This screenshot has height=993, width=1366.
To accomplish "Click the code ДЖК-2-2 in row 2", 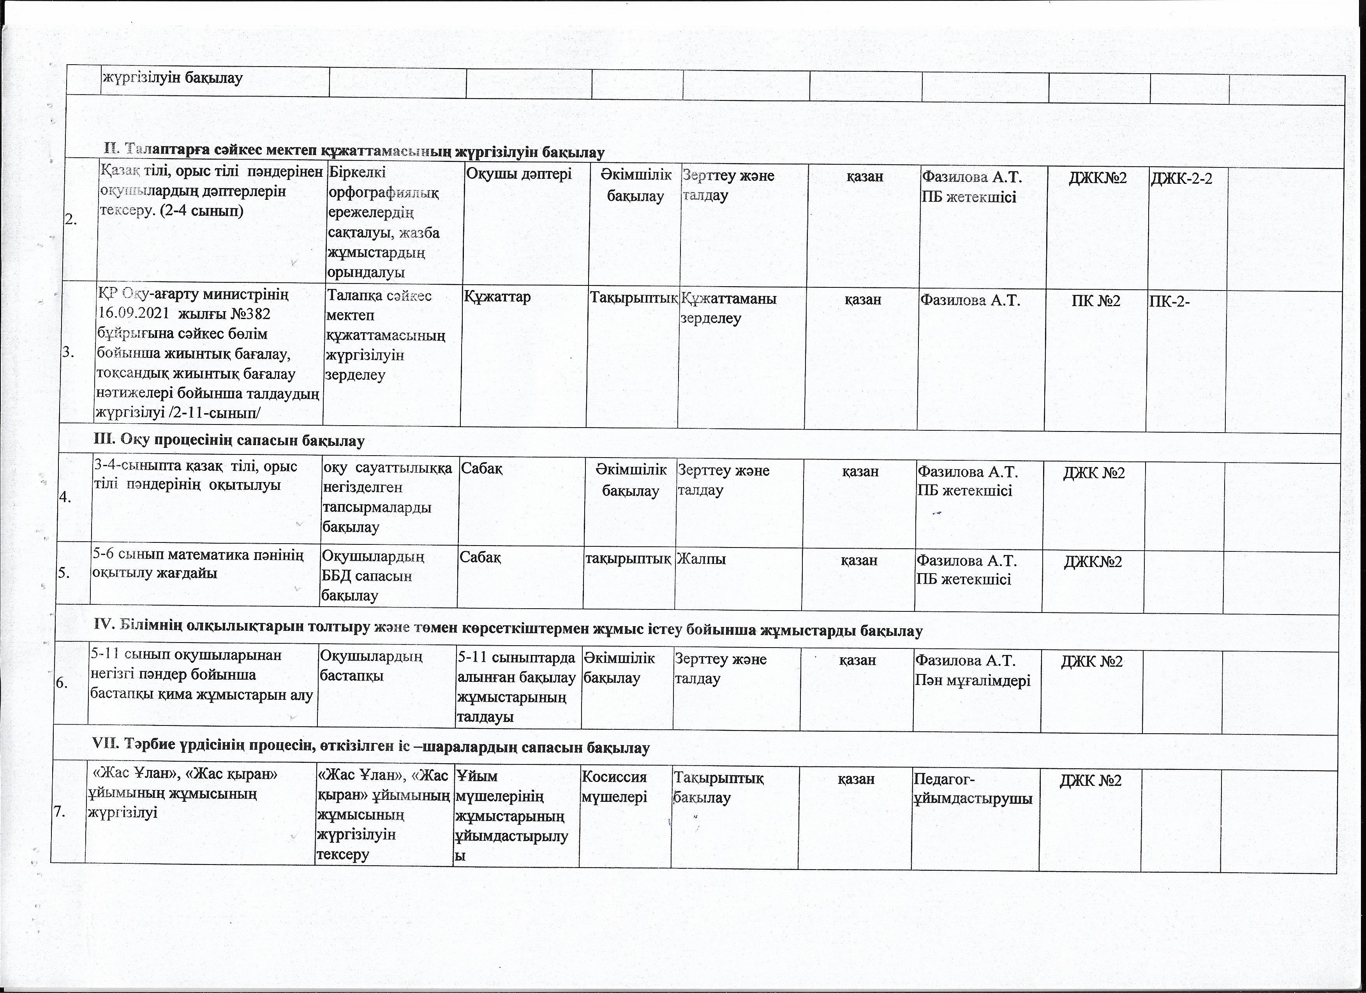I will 1181,179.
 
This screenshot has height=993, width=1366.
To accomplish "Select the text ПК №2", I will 1096,301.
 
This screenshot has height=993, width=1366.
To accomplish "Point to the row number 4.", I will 66,497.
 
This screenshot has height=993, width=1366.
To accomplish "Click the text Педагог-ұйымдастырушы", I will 973,789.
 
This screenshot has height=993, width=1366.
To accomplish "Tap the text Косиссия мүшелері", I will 614,787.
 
